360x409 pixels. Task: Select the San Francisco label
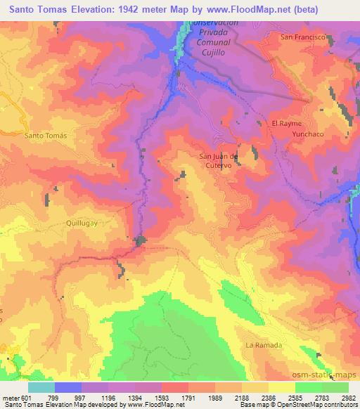(302, 37)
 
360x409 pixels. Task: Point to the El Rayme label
(286, 123)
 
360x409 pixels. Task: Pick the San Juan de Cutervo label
(220, 161)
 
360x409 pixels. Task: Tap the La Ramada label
(264, 345)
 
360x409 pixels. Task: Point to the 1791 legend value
(188, 397)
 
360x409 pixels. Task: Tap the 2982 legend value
(348, 397)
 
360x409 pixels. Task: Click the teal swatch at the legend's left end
(41, 387)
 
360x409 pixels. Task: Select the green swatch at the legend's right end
(335, 387)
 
